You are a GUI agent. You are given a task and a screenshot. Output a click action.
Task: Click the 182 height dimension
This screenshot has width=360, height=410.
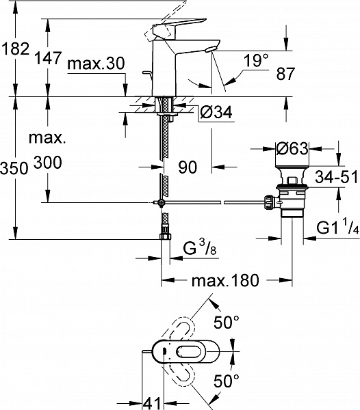[x=15, y=49]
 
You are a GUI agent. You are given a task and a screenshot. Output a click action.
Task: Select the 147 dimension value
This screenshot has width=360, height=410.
[x=48, y=58]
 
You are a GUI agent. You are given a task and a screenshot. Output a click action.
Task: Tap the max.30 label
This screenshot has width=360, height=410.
[x=96, y=64]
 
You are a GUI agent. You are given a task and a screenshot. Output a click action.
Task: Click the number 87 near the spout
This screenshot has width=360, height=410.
[x=285, y=74]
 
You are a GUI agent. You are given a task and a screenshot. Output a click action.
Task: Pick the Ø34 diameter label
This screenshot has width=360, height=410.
[x=216, y=113]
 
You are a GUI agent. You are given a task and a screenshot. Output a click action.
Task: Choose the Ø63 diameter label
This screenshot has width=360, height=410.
[x=292, y=148]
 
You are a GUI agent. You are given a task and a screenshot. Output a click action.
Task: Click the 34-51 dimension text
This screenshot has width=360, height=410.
[x=336, y=177]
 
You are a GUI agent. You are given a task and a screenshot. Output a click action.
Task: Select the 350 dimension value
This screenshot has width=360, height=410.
[x=14, y=168]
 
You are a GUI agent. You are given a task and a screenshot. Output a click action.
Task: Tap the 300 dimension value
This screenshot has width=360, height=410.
[x=48, y=163]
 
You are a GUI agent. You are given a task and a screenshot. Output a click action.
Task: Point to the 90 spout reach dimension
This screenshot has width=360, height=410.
[x=188, y=167]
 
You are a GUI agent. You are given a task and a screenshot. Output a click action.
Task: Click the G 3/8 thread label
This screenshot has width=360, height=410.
[x=199, y=248]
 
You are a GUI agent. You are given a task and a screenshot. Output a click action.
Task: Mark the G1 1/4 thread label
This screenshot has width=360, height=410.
[x=337, y=227]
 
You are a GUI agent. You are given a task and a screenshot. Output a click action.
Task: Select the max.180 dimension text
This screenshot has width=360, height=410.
[x=225, y=281]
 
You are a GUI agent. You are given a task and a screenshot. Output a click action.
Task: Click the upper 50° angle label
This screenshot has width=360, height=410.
[x=227, y=322]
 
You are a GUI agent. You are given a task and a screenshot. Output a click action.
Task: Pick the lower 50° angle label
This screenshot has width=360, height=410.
[x=227, y=381]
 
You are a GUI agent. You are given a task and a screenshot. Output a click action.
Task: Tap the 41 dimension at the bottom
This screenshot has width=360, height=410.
[x=151, y=403]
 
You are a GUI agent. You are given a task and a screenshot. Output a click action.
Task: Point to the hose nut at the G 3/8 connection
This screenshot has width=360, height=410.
[x=165, y=236]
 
